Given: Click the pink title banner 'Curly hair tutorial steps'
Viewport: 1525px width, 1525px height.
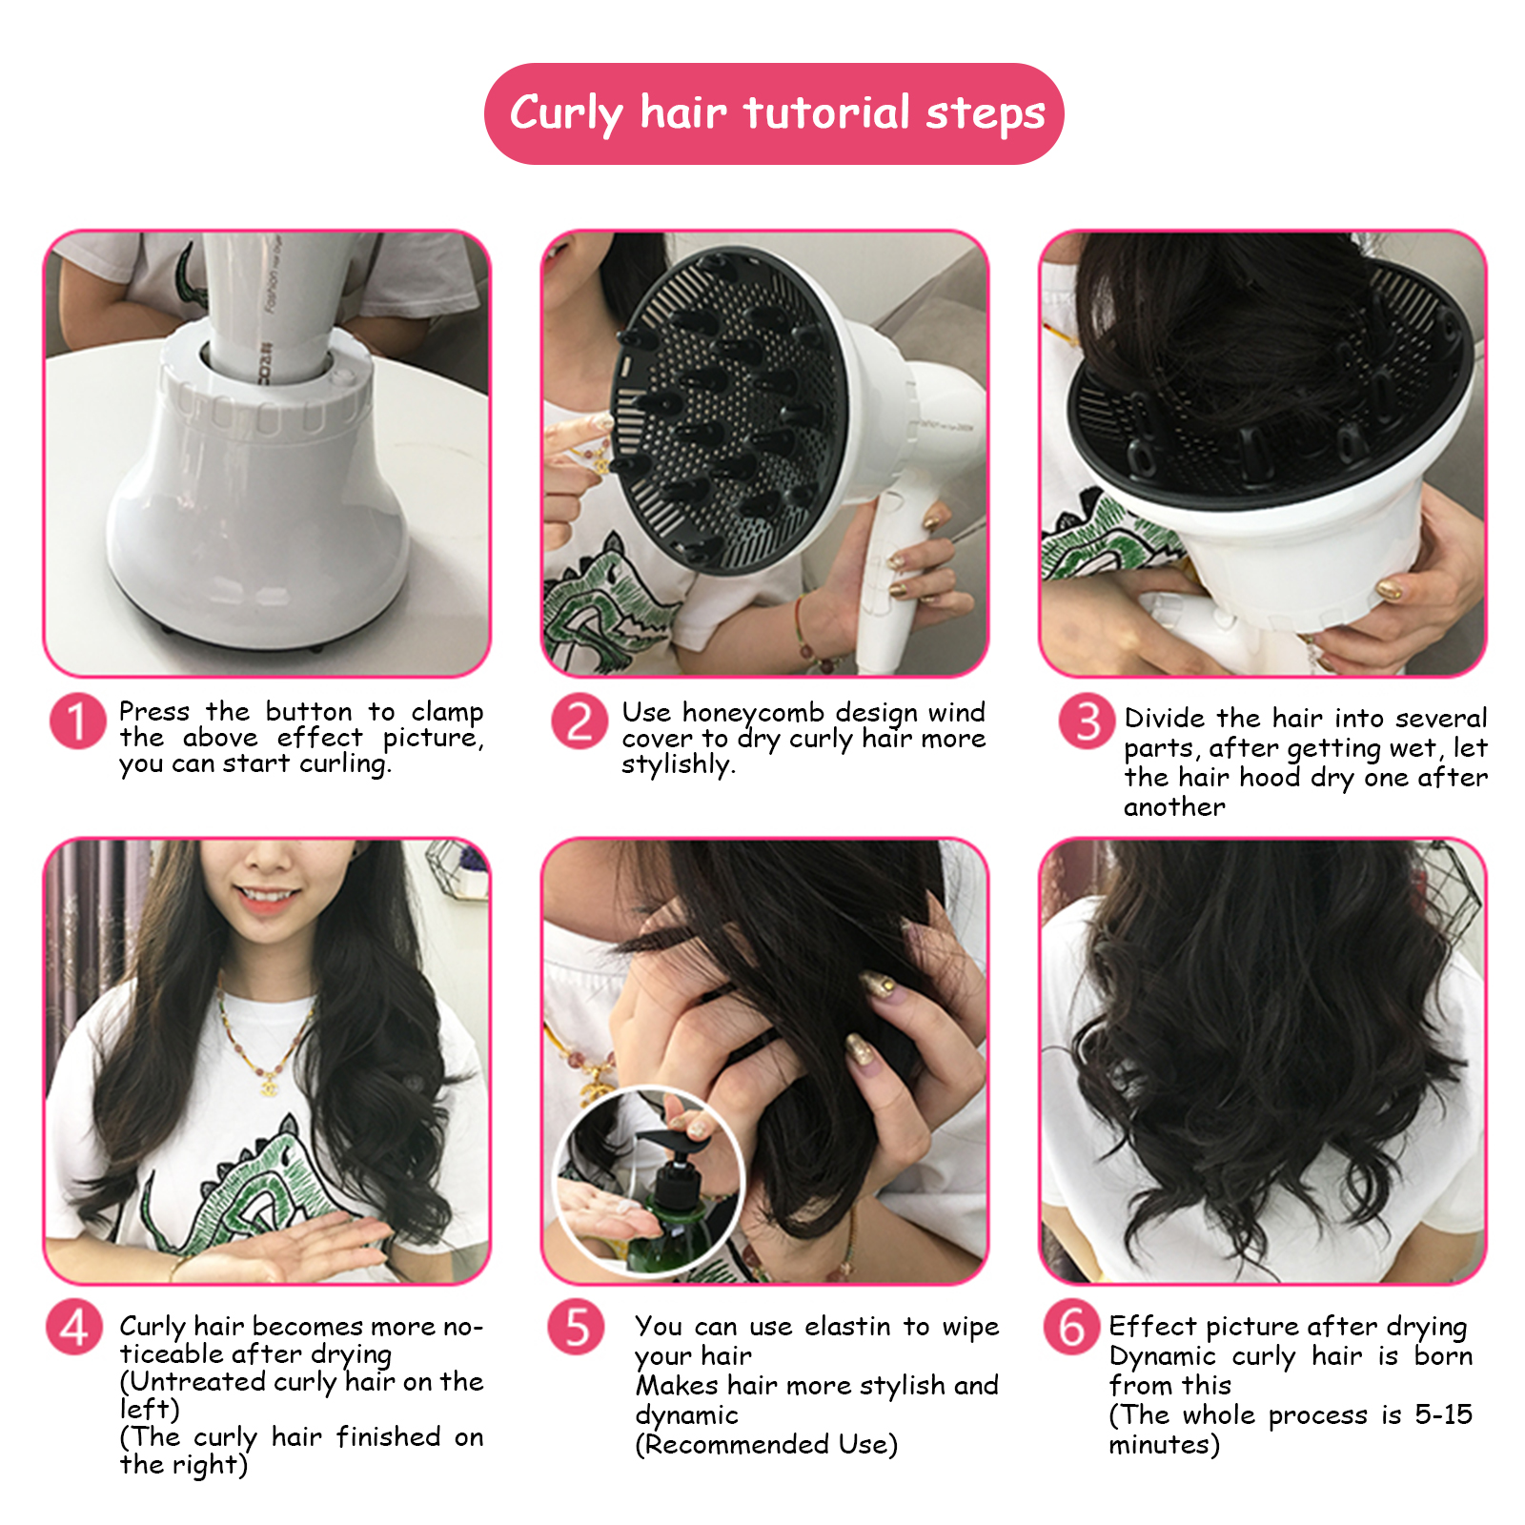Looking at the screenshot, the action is click(x=774, y=113).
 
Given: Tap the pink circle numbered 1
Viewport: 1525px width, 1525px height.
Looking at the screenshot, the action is click(x=77, y=722).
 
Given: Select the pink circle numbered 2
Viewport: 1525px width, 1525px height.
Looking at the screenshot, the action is click(x=579, y=722).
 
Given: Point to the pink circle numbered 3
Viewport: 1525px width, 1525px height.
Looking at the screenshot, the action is click(x=1087, y=722).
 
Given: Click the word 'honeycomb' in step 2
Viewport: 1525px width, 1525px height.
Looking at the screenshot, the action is click(x=753, y=714).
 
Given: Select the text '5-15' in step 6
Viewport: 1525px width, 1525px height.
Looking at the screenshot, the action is click(x=1443, y=1414).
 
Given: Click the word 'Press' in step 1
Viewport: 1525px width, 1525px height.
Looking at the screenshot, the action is click(x=154, y=712).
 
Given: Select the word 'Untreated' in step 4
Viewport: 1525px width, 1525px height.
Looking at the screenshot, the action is click(x=197, y=1382).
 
